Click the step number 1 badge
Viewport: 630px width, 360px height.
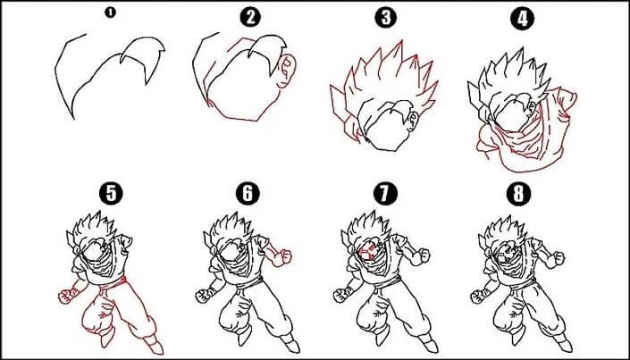pyautogui.click(x=110, y=13)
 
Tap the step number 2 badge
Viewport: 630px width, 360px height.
pyautogui.click(x=250, y=18)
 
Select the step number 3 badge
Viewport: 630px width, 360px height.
pyautogui.click(x=386, y=18)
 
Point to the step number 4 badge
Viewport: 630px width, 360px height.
pyautogui.click(x=522, y=19)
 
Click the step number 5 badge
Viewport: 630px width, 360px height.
pyautogui.click(x=111, y=193)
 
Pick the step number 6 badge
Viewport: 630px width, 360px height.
pyautogui.click(x=248, y=193)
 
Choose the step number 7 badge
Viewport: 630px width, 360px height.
pyautogui.click(x=385, y=194)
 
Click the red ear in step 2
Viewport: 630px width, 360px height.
pyautogui.click(x=287, y=71)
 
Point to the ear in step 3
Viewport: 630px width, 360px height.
pyautogui.click(x=412, y=121)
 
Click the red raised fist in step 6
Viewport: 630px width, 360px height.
pyautogui.click(x=283, y=257)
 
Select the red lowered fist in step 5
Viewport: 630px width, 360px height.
pyautogui.click(x=66, y=296)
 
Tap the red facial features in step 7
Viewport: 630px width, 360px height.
pyautogui.click(x=368, y=252)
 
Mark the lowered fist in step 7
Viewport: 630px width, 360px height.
pyautogui.click(x=341, y=296)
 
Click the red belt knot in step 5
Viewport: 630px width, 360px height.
pyautogui.click(x=122, y=280)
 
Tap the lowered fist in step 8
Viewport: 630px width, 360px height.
pyautogui.click(x=478, y=296)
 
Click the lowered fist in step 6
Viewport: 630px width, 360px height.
pyautogui.click(x=204, y=296)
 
